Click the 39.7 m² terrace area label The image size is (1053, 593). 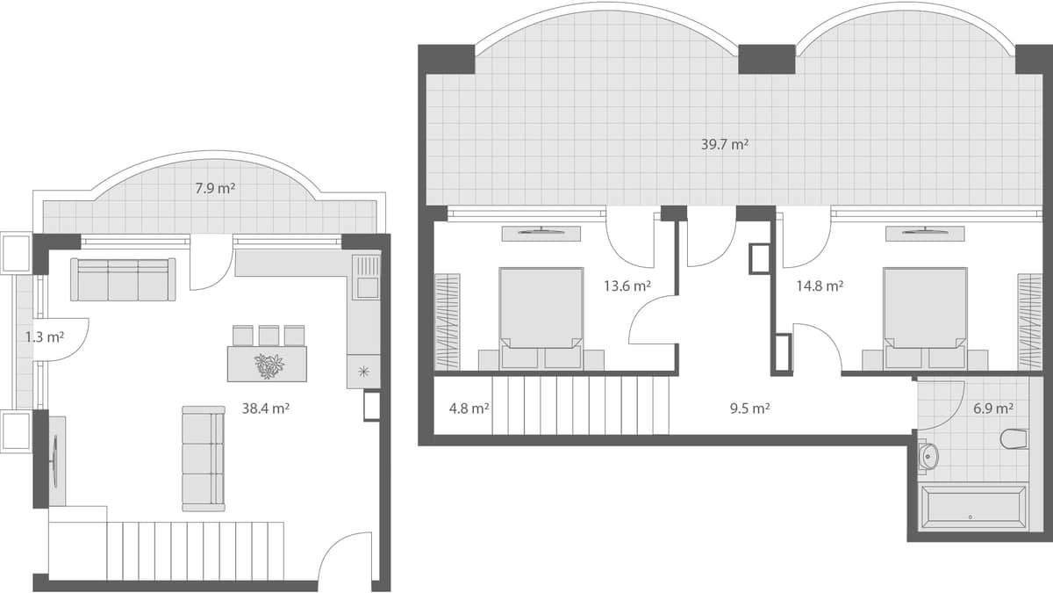click(x=724, y=145)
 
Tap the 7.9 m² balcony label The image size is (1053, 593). click(x=215, y=188)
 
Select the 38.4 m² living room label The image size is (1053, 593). click(x=265, y=408)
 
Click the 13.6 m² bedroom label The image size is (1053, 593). click(x=627, y=286)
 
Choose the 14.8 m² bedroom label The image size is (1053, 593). click(x=820, y=286)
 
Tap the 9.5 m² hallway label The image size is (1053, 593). click(x=749, y=408)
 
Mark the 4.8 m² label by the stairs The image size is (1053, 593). click(x=469, y=408)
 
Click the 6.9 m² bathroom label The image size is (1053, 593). click(x=993, y=408)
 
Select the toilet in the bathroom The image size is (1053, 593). click(x=1014, y=438)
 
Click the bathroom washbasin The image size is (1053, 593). click(x=928, y=455)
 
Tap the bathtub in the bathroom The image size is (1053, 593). click(x=971, y=508)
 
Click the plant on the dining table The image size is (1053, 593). click(x=269, y=365)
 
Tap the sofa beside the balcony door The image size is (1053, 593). click(x=123, y=279)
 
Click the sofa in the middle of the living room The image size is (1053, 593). click(x=203, y=458)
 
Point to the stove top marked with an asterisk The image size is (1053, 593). click(x=363, y=372)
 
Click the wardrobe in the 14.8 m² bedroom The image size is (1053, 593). click(x=1029, y=322)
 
